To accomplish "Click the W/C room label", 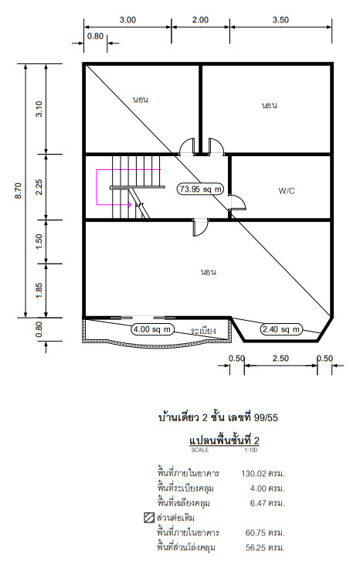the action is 287,191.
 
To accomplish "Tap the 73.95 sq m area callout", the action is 201,189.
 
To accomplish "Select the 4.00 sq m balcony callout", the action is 152,329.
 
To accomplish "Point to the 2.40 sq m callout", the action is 280,329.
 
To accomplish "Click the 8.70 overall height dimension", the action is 19,191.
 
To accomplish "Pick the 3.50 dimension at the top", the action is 280,20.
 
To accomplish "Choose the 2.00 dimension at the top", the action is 200,20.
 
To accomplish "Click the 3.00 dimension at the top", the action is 127,20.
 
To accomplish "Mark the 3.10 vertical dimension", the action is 39,109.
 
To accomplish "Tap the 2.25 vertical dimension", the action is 39,187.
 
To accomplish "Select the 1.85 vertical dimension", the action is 39,291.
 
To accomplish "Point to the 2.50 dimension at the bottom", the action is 280,359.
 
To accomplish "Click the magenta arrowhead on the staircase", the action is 129,205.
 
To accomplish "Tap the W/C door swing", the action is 238,203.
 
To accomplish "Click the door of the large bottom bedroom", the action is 201,227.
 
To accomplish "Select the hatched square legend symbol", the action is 149,518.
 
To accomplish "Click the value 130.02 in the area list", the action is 254,474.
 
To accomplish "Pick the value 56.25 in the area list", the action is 256,548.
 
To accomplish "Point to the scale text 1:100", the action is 251,450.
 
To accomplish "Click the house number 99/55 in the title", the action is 266,417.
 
